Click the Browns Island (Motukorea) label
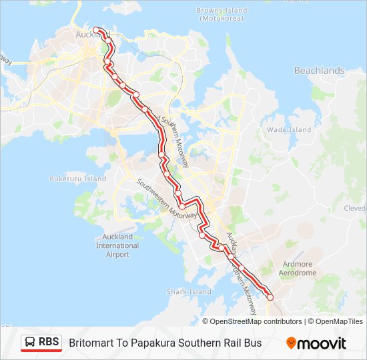pos(222,15)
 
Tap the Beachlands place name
pos(319,71)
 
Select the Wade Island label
pos(289,130)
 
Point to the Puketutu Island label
pos(78,179)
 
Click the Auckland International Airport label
pos(117,245)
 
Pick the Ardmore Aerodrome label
pos(298,269)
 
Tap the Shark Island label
pos(189,292)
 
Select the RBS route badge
pos(41,343)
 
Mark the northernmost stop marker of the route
pos(96,30)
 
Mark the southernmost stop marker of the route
pos(270,297)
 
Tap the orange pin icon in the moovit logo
pos(291,343)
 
